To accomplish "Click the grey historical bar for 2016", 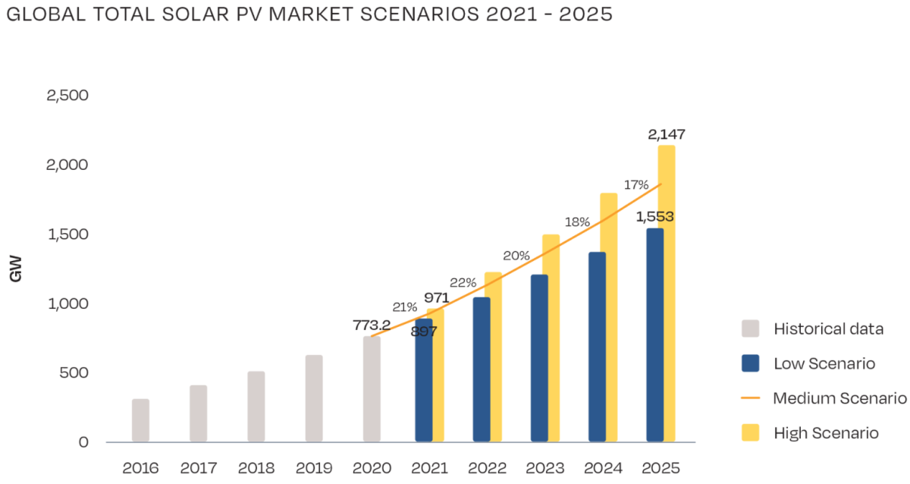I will tap(140, 420).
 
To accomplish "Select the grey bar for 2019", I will tap(314, 398).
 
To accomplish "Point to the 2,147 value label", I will tap(667, 135).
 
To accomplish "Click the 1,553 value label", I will tap(654, 217).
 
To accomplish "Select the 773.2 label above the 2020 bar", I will tap(372, 325).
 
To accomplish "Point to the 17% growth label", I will tap(636, 185).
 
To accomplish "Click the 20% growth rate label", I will tap(516, 256).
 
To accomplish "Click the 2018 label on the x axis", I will tap(256, 467).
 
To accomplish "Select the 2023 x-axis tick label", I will tap(545, 467).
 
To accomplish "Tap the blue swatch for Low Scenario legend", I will tap(751, 363).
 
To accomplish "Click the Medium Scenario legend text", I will tap(839, 398).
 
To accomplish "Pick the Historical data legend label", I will tap(829, 329).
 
